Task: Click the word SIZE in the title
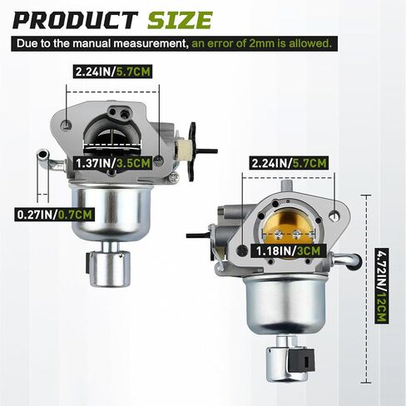point(180,20)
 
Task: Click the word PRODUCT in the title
point(76,20)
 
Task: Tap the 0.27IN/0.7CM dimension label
point(54,215)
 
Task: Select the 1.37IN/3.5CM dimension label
point(113,163)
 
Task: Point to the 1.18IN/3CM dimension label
point(288,251)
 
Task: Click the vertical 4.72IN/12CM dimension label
point(381,285)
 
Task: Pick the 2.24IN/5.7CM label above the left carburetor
point(113,72)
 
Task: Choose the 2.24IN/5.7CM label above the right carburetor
point(289,163)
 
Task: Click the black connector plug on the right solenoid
point(301,360)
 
